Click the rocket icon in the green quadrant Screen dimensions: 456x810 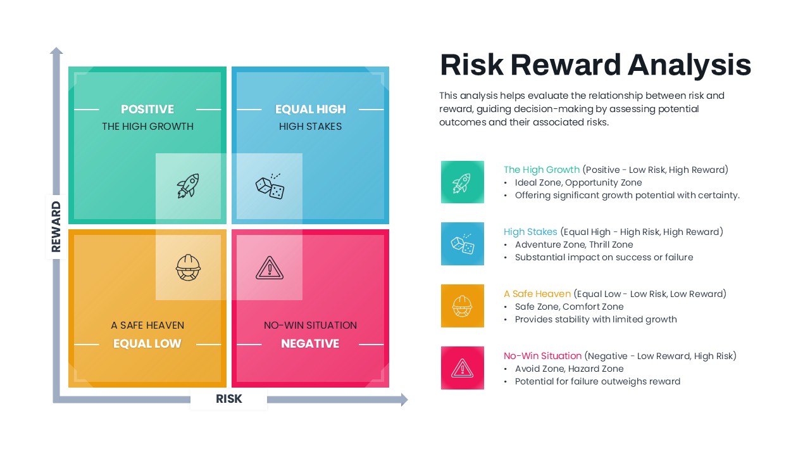coord(188,186)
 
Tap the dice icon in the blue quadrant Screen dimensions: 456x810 coord(270,186)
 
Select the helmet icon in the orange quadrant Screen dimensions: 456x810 coord(188,267)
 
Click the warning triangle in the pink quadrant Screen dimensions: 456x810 coord(270,268)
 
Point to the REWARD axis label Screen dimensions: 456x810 coord(56,227)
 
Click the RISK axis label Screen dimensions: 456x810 coord(229,399)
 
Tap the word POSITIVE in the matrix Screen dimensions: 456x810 coord(147,110)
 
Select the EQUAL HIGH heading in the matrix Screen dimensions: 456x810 coord(311,110)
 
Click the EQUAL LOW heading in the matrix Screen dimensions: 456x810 coord(147,344)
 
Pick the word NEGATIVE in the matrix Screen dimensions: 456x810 coord(310,344)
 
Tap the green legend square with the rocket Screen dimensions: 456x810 coord(463,182)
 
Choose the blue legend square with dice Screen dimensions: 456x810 coord(463,244)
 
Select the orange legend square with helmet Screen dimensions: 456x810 coord(463,306)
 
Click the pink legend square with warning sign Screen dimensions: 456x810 coord(463,368)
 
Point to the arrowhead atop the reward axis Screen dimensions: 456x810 coord(56,51)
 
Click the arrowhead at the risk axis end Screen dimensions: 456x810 coord(404,400)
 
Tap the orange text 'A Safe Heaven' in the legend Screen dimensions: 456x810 coord(537,294)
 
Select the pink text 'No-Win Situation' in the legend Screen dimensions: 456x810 coord(542,356)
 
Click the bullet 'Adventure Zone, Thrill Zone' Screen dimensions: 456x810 coord(573,244)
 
